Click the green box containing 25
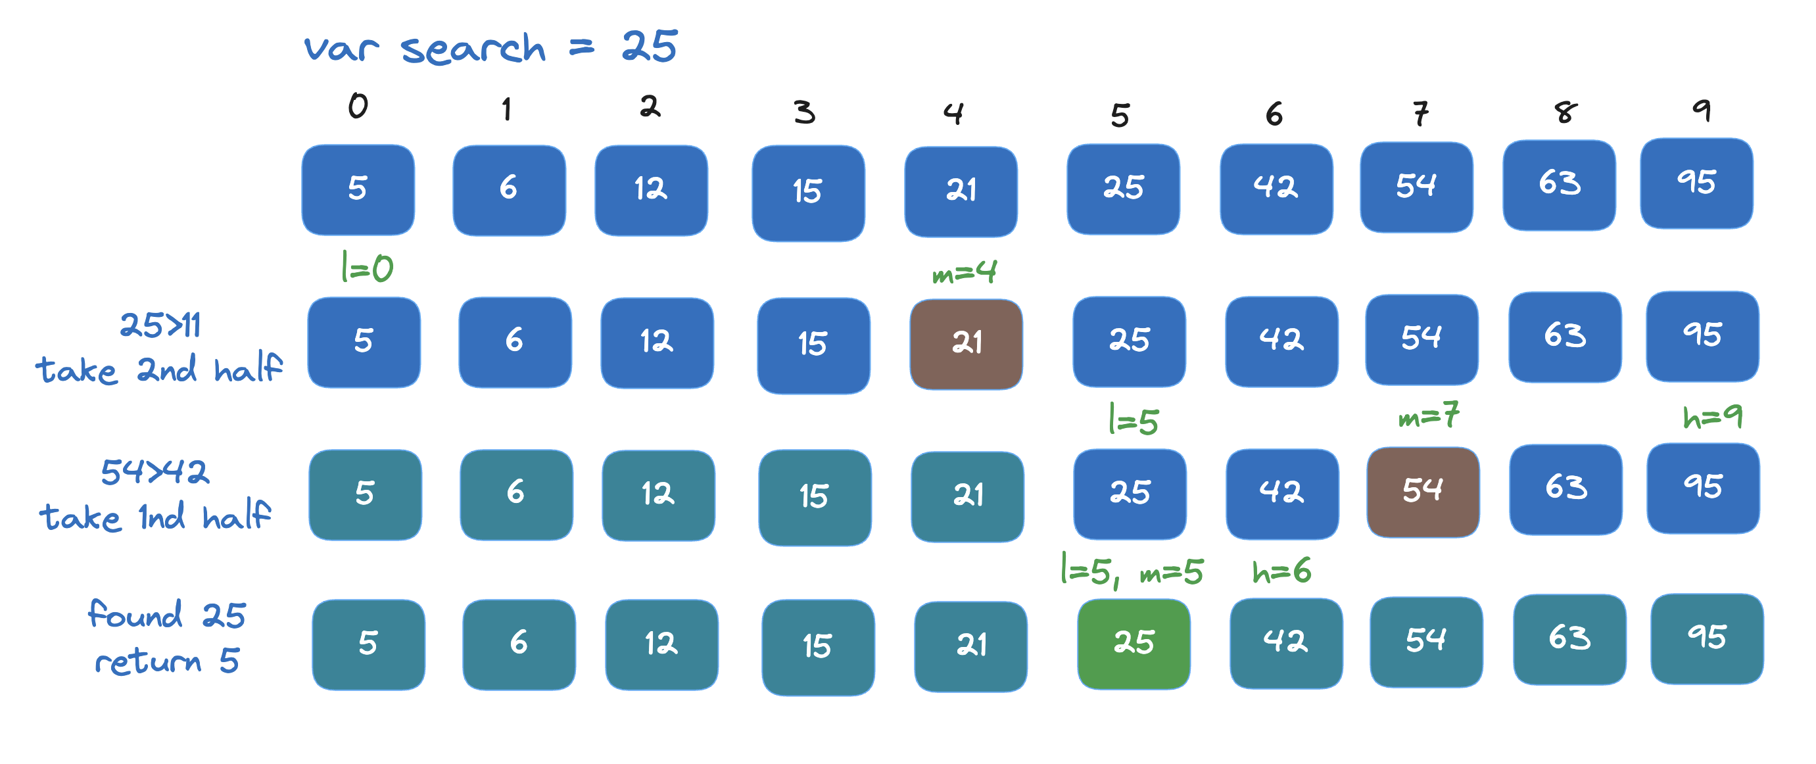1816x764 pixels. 1134,644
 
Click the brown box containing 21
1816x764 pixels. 966,344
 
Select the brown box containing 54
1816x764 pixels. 1423,492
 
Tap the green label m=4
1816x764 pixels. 964,272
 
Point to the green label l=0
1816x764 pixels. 367,268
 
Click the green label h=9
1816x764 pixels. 1712,417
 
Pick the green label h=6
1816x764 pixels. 1281,571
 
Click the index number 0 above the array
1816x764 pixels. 358,107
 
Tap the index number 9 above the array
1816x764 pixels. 1702,110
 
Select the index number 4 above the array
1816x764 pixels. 953,113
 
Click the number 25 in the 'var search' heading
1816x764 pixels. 650,47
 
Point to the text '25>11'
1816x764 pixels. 160,325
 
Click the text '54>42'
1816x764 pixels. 155,471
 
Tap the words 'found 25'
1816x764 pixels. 166,615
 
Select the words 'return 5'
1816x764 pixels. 167,661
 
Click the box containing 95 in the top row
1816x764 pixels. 1696,183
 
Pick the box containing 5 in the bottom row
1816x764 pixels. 368,644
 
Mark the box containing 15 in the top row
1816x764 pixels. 808,193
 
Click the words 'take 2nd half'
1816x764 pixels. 158,370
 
